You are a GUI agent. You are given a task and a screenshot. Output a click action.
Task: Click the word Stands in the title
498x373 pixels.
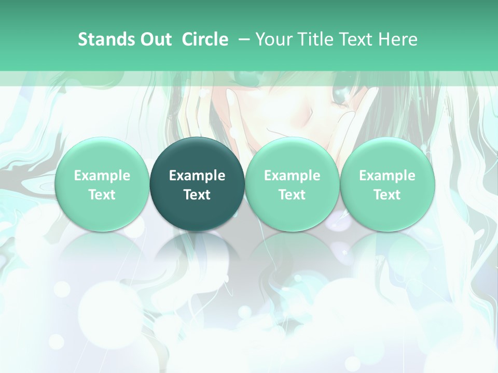(105, 39)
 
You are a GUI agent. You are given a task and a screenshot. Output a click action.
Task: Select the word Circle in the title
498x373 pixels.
(205, 39)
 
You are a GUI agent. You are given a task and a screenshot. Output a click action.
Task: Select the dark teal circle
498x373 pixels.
(197, 184)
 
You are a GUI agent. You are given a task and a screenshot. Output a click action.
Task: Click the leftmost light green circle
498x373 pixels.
(102, 184)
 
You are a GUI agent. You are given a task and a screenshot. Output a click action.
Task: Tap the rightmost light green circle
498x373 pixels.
(387, 184)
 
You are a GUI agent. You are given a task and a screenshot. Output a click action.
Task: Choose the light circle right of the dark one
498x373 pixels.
(292, 184)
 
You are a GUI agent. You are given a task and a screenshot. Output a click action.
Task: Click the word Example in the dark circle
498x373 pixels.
(197, 176)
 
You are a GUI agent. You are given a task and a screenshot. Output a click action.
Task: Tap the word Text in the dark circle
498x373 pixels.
(197, 195)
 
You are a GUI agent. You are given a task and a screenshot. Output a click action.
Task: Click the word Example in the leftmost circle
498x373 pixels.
(102, 176)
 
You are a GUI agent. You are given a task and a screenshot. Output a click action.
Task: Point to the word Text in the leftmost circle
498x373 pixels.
(102, 195)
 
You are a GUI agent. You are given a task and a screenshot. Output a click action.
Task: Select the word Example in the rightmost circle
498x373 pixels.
(387, 176)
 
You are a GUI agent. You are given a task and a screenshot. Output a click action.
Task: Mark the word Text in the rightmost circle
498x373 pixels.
(387, 195)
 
